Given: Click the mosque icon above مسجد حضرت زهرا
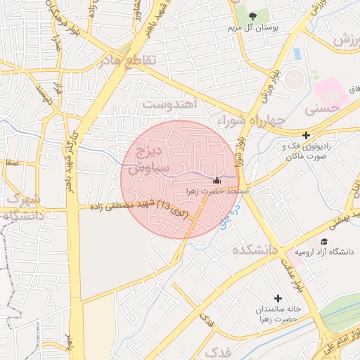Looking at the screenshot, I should (x=216, y=180).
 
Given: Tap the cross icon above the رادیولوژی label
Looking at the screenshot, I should (x=306, y=135).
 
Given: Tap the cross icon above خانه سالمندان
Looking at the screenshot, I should (x=278, y=298).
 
